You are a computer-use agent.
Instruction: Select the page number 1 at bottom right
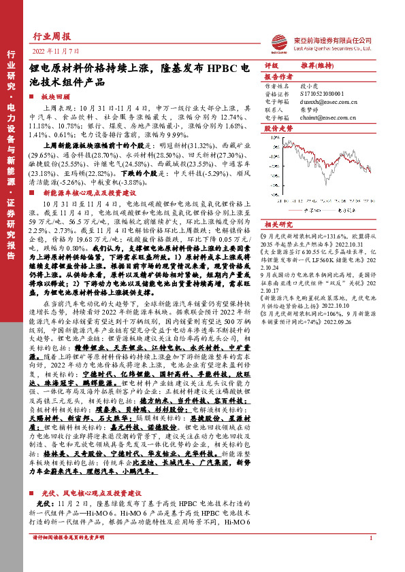370,557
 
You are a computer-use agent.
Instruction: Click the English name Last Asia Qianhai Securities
334,48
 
